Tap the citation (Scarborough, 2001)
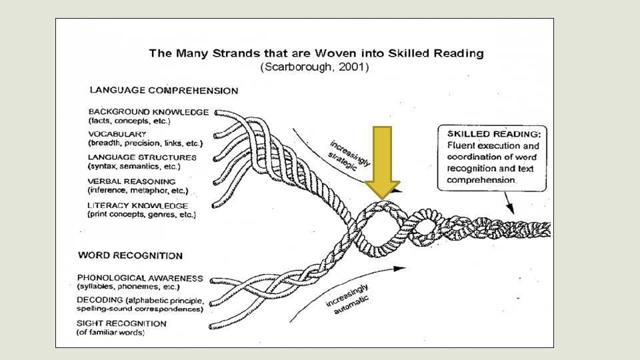[x=313, y=67]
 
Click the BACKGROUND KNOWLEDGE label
[x=149, y=112]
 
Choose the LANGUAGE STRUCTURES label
[x=142, y=158]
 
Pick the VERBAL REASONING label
[x=131, y=181]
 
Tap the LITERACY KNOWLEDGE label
[x=137, y=205]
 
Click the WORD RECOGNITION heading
[x=130, y=255]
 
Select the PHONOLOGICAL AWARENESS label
[x=140, y=277]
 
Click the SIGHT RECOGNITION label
[x=121, y=323]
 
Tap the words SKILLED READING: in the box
[x=494, y=134]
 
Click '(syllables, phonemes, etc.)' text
[x=128, y=286]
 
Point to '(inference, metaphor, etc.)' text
[x=132, y=190]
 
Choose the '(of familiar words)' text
[x=111, y=332]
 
